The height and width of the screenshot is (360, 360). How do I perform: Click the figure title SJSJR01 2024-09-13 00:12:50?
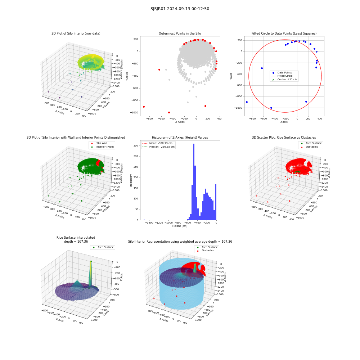180,9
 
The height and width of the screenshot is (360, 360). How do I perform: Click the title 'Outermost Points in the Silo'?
180,33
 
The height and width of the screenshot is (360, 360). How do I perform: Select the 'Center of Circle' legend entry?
284,80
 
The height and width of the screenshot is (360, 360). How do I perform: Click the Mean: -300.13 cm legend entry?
157,143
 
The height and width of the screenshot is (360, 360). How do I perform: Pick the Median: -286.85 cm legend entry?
158,147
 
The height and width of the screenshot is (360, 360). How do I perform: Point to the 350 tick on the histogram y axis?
136,145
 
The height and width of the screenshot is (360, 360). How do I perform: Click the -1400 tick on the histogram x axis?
149,223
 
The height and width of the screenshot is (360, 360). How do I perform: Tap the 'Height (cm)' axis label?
180,226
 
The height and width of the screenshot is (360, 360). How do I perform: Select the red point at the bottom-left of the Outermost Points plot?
144,107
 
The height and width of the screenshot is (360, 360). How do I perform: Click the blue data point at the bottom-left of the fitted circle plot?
247,102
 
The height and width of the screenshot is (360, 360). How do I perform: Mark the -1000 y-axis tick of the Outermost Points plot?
134,113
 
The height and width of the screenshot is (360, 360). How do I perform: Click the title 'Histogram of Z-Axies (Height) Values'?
180,138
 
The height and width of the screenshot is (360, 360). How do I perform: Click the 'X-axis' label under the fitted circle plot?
284,122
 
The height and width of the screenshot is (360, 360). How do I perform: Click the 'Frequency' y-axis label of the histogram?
131,180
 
